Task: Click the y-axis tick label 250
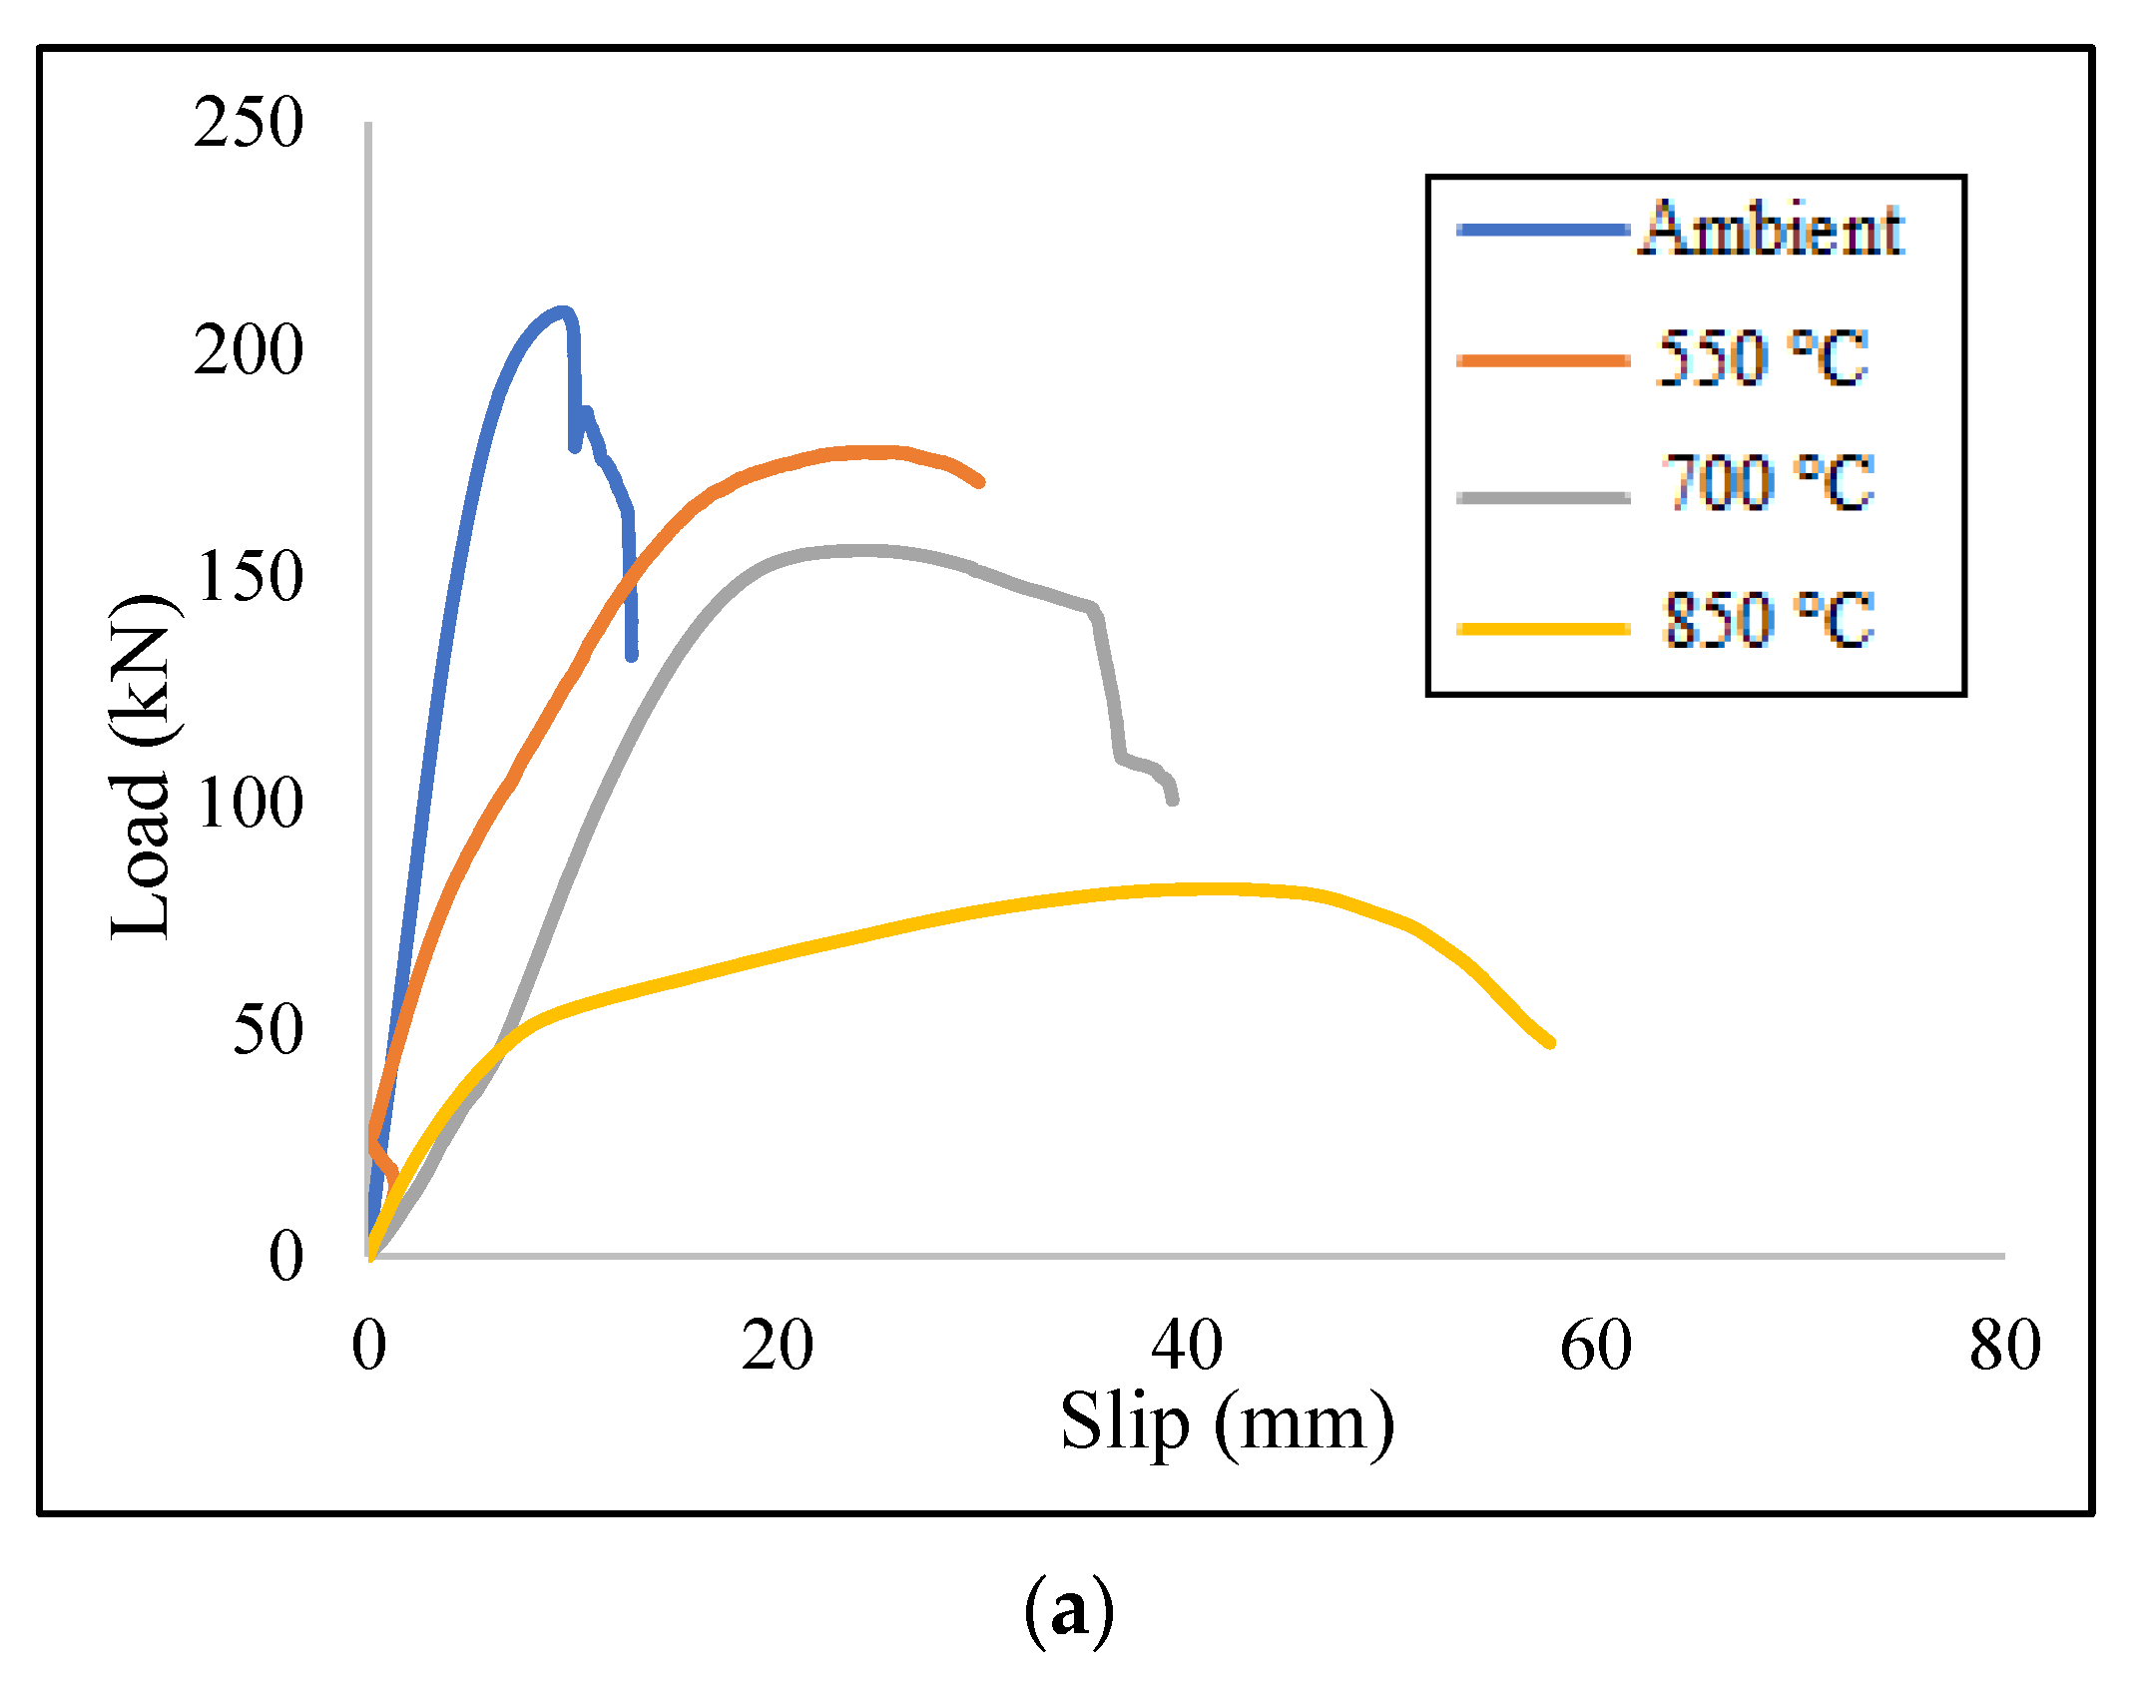pyautogui.click(x=248, y=124)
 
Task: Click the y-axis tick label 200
pyautogui.click(x=248, y=350)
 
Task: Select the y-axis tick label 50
pyautogui.click(x=268, y=1030)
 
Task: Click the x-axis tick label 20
pyautogui.click(x=777, y=1345)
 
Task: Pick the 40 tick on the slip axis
pyautogui.click(x=1186, y=1345)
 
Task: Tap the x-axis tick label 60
pyautogui.click(x=1595, y=1345)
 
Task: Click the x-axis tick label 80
pyautogui.click(x=2004, y=1345)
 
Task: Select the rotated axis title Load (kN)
pyautogui.click(x=142, y=767)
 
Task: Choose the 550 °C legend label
pyautogui.click(x=1762, y=357)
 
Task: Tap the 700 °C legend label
pyautogui.click(x=1767, y=483)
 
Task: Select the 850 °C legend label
pyautogui.click(x=1767, y=619)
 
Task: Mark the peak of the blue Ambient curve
pyautogui.click(x=562, y=310)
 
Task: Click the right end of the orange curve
pyautogui.click(x=980, y=482)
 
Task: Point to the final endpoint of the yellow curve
pyautogui.click(x=1550, y=1043)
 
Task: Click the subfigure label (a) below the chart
pyautogui.click(x=1068, y=1609)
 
